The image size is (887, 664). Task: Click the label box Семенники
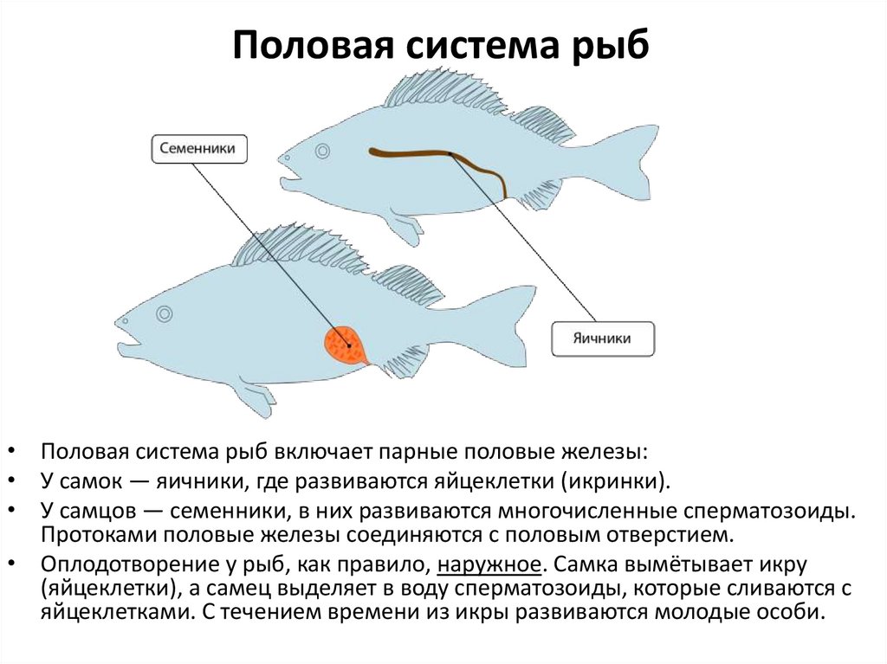pyautogui.click(x=199, y=149)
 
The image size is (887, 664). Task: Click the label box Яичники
pyautogui.click(x=603, y=338)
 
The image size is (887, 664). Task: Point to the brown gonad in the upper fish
pyautogui.click(x=433, y=156)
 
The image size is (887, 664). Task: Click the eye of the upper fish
pyautogui.click(x=322, y=151)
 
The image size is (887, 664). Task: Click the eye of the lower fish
pyautogui.click(x=164, y=316)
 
